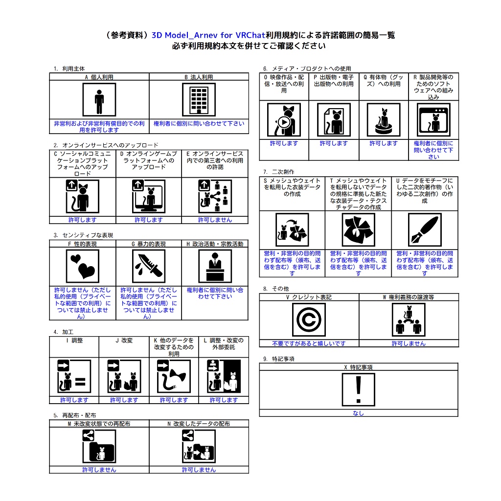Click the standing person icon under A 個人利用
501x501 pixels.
click(99, 100)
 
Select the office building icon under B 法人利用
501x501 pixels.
click(199, 100)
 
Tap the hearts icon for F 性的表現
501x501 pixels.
click(82, 266)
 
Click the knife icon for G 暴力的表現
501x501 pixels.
click(149, 266)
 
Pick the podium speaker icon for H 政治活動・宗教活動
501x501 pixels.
click(215, 266)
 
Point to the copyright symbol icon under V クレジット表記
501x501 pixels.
click(309, 319)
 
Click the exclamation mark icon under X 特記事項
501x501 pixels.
click(358, 389)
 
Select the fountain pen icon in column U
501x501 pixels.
click(425, 230)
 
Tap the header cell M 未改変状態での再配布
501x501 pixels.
click(99, 424)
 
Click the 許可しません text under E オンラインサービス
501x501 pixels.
click(215, 220)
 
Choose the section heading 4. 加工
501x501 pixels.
click(63, 332)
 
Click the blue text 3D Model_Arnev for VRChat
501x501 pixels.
click(208, 35)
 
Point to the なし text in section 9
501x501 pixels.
click(358, 413)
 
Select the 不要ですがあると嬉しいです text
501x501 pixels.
click(309, 343)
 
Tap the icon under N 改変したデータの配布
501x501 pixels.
click(199, 446)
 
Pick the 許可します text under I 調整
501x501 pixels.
click(74, 400)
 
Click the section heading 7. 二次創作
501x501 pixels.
click(278, 172)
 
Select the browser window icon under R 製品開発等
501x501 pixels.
click(433, 120)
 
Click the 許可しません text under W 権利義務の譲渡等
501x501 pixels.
click(409, 343)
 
